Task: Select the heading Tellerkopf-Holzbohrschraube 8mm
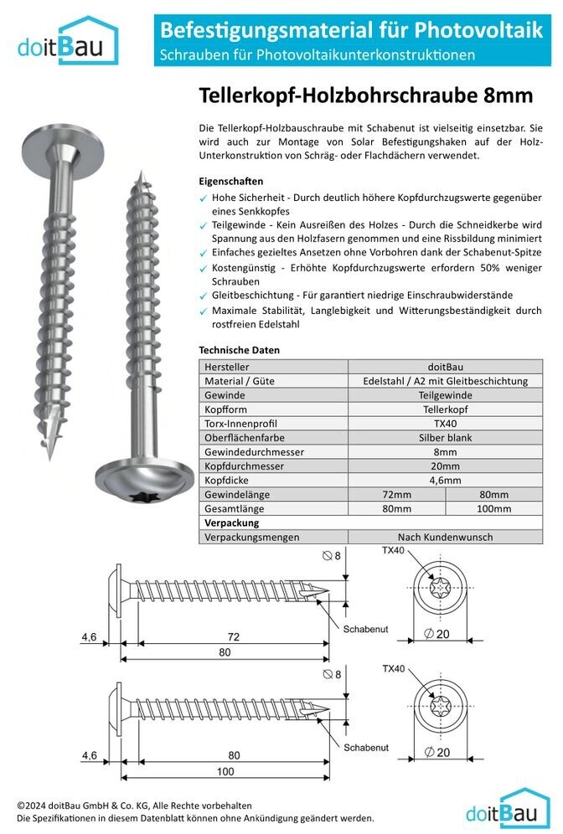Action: click(x=365, y=96)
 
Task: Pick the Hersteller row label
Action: click(x=227, y=366)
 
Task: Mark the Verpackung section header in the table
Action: click(x=231, y=523)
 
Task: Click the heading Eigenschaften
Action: click(x=230, y=181)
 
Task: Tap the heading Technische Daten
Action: click(x=239, y=349)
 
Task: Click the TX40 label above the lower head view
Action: click(x=394, y=669)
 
